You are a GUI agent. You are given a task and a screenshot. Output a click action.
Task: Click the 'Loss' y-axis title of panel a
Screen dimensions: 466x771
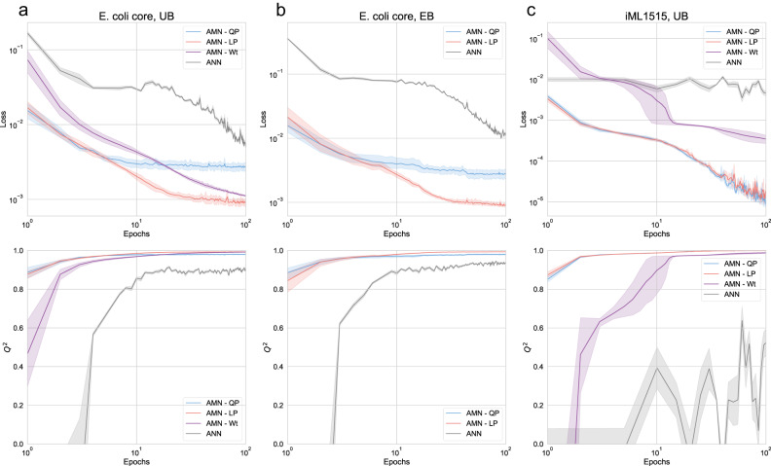pos(7,124)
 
